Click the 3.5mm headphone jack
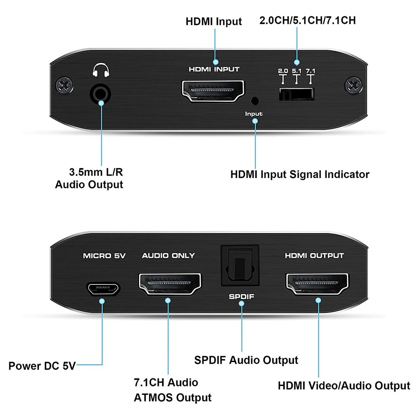click(100, 94)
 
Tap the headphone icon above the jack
click(101, 70)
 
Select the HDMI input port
click(213, 91)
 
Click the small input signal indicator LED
click(255, 101)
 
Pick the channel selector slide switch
click(296, 94)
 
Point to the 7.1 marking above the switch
click(311, 71)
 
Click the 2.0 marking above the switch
click(283, 71)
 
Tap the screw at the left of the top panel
click(64, 85)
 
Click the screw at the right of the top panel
click(354, 85)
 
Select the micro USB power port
click(103, 289)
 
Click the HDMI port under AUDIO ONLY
click(170, 284)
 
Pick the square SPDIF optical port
click(240, 266)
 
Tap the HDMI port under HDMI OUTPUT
click(318, 284)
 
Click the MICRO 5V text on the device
click(104, 256)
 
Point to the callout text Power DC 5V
click(42, 366)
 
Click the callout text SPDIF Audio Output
click(246, 360)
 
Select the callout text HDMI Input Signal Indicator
click(300, 175)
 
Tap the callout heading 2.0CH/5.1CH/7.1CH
click(307, 20)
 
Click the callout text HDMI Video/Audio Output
click(344, 386)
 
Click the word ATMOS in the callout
click(153, 398)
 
